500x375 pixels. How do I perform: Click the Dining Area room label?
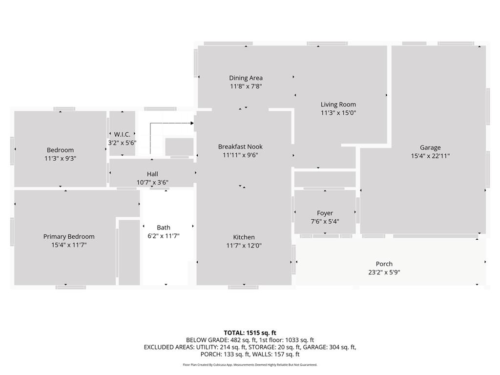point(246,78)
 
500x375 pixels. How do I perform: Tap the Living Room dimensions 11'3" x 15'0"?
point(338,113)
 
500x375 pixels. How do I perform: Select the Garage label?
point(430,147)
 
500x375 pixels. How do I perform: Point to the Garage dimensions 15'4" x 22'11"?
point(430,156)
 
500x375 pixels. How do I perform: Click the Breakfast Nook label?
point(240,146)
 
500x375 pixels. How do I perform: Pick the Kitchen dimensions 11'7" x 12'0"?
point(244,246)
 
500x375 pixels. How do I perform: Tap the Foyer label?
point(325,213)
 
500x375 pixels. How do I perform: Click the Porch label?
point(384,264)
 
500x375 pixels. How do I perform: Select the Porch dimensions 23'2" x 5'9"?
point(384,272)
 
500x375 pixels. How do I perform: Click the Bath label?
point(164,228)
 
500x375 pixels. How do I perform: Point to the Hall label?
point(152,174)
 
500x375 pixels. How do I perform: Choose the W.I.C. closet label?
point(122,134)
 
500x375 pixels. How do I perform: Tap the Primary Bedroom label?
point(69,237)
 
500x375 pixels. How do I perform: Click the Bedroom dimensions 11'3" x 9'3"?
point(61,159)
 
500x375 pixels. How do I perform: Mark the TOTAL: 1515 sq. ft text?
point(250,333)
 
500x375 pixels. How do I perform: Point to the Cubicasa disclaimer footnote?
point(250,365)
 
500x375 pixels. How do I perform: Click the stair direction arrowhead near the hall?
point(192,123)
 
